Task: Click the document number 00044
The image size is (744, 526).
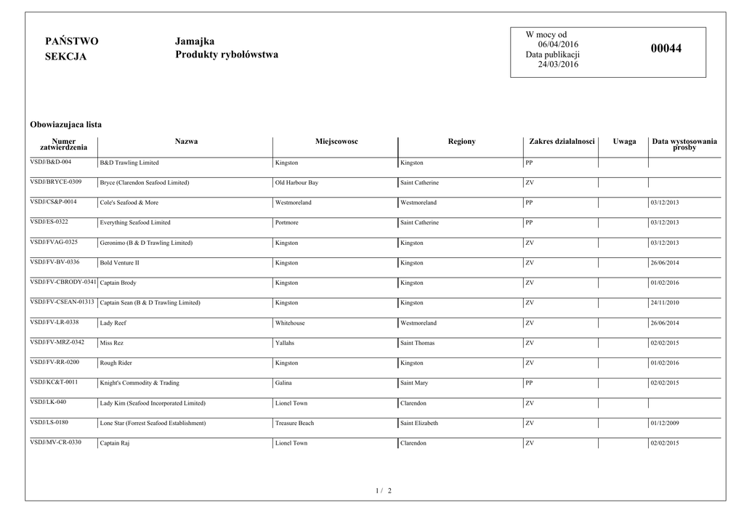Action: coord(666,49)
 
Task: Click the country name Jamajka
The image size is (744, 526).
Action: coord(195,41)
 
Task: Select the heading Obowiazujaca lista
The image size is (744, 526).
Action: coord(65,125)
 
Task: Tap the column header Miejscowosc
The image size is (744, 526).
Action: coord(336,142)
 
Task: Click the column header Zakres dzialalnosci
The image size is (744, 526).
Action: coord(562,142)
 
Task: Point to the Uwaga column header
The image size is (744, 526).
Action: coord(624,142)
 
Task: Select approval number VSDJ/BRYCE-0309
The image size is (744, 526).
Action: coord(56,182)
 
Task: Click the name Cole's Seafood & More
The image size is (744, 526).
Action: coord(129,203)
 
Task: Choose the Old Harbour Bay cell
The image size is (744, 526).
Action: coord(296,183)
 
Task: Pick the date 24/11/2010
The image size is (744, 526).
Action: coord(664,303)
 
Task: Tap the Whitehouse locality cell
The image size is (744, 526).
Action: coord(290,323)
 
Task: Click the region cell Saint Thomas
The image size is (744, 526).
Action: coord(417,343)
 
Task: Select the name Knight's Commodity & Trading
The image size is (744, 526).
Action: coord(139,383)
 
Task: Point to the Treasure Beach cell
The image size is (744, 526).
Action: coord(294,423)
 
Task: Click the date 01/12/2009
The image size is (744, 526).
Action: coord(664,423)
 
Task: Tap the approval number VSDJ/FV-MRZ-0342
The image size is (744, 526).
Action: coord(57,341)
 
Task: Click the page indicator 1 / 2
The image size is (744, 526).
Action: coord(384,491)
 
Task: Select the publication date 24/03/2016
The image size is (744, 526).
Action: coord(557,65)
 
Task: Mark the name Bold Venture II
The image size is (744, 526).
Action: coord(119,263)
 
